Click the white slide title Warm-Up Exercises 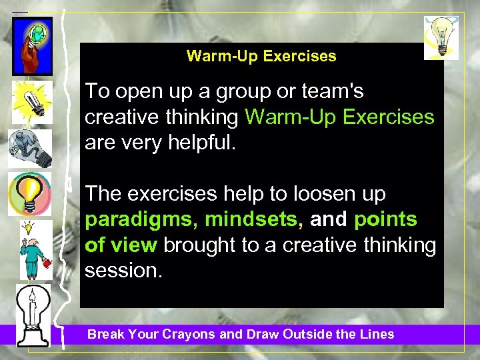point(261,56)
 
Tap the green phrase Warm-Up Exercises point(339,117)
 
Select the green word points point(385,220)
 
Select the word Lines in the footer point(376,335)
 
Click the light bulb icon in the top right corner point(441,37)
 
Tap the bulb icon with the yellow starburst point(30,101)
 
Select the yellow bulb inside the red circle point(29,193)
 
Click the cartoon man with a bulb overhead point(31,249)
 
